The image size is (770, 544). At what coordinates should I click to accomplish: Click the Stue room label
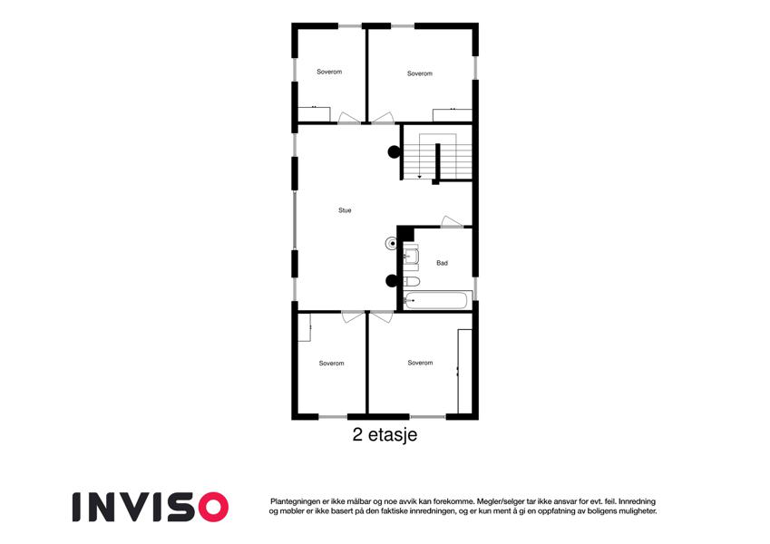click(x=345, y=210)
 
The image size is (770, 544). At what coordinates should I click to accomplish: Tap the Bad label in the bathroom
click(x=442, y=263)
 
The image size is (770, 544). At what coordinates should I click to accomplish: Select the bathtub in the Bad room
click(x=435, y=300)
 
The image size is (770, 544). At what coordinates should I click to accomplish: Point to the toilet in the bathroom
click(x=412, y=282)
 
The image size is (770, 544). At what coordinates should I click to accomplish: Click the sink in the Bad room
click(x=411, y=257)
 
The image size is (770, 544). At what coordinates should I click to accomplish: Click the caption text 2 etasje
click(x=385, y=434)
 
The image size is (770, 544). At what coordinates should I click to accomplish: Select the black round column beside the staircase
click(x=394, y=152)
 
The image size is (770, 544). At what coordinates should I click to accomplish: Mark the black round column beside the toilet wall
click(x=392, y=281)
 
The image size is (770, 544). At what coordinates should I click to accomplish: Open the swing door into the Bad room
click(x=452, y=222)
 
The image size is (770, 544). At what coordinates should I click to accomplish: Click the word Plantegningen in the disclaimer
click(x=295, y=501)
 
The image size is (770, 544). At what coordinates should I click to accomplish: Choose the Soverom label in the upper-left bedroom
click(x=329, y=72)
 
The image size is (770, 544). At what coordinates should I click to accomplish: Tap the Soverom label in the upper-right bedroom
click(x=420, y=73)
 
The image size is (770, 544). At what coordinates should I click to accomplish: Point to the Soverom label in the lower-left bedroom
click(x=331, y=364)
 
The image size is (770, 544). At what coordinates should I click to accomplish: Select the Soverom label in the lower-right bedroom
click(x=420, y=363)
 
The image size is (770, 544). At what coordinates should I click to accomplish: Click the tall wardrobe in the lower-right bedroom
click(x=464, y=371)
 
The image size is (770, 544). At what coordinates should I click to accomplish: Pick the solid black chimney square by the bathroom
click(x=405, y=233)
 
